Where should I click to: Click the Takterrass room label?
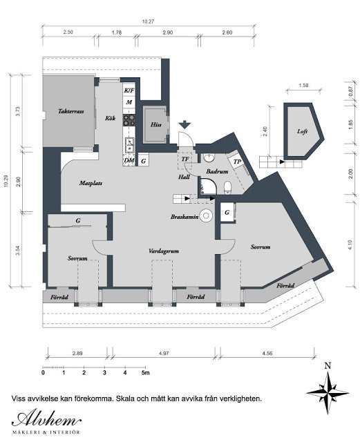pyautogui.click(x=70, y=111)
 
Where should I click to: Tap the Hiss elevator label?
pyautogui.click(x=155, y=124)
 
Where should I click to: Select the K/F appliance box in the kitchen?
pyautogui.click(x=129, y=90)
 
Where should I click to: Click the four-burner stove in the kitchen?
pyautogui.click(x=129, y=120)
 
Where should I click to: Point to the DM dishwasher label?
pyautogui.click(x=129, y=160)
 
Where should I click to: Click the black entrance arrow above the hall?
pyautogui.click(x=184, y=124)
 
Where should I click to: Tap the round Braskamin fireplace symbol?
pyautogui.click(x=206, y=215)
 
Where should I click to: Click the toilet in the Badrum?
pyautogui.click(x=227, y=188)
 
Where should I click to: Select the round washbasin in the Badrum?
pyautogui.click(x=209, y=158)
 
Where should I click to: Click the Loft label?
pyautogui.click(x=302, y=131)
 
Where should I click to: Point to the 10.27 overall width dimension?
pyautogui.click(x=148, y=21)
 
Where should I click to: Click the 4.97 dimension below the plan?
pyautogui.click(x=164, y=353)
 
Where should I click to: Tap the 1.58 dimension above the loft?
pyautogui.click(x=303, y=86)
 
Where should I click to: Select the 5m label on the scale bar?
pyautogui.click(x=146, y=373)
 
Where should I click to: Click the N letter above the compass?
pyautogui.click(x=328, y=366)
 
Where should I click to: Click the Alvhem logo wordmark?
pyautogui.click(x=46, y=419)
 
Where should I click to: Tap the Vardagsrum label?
pyautogui.click(x=164, y=251)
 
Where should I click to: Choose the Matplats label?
pyautogui.click(x=91, y=183)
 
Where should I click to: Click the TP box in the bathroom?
pyautogui.click(x=237, y=162)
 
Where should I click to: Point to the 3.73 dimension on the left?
pyautogui.click(x=18, y=111)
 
